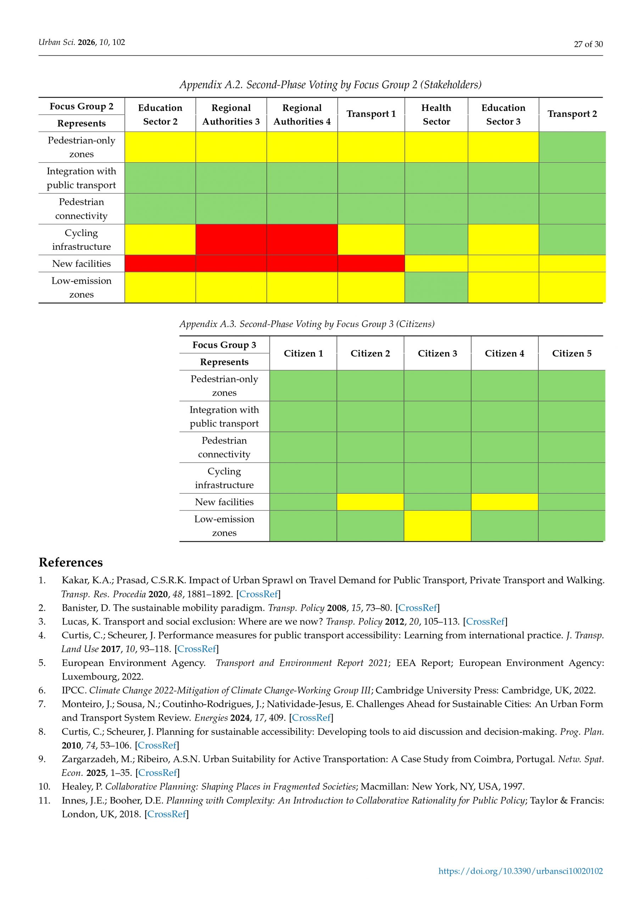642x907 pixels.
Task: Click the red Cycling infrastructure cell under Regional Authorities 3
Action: pyautogui.click(x=231, y=240)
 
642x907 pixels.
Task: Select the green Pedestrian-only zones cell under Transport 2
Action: pyautogui.click(x=572, y=147)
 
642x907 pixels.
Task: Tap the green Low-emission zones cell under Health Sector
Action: pyautogui.click(x=436, y=287)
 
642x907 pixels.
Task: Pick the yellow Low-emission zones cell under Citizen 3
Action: pyautogui.click(x=437, y=525)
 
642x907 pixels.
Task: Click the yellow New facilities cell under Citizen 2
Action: pyautogui.click(x=370, y=502)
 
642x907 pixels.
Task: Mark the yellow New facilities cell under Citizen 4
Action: pyautogui.click(x=504, y=502)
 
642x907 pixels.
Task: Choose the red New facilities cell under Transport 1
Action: pyautogui.click(x=371, y=264)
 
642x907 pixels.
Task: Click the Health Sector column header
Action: pyautogui.click(x=436, y=114)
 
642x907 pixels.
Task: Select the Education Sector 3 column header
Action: pyautogui.click(x=503, y=114)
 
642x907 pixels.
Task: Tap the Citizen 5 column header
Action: pyautogui.click(x=572, y=353)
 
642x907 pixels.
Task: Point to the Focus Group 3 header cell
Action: pyautogui.click(x=224, y=345)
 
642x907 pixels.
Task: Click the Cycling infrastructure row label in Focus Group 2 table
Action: pyautogui.click(x=82, y=240)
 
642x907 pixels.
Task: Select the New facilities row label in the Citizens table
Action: pyautogui.click(x=224, y=502)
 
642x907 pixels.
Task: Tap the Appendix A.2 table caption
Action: pyautogui.click(x=330, y=85)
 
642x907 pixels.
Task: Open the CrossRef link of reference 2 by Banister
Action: pyautogui.click(x=418, y=608)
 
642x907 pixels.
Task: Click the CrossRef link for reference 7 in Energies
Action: pyautogui.click(x=311, y=717)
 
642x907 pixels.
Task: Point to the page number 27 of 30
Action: pyautogui.click(x=588, y=44)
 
